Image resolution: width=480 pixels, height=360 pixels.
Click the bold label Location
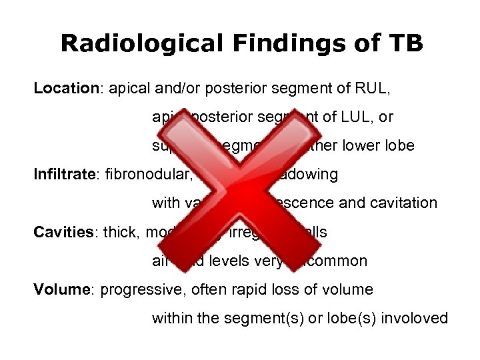66,89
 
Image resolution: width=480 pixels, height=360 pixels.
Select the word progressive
139,289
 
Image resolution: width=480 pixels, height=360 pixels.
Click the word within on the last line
171,318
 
